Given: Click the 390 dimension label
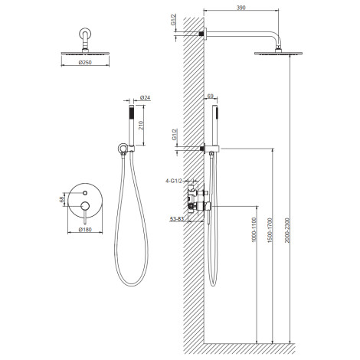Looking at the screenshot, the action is (x=241, y=8).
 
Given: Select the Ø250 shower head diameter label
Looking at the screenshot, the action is (x=85, y=62).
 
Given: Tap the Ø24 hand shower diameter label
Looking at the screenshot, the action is (x=146, y=97).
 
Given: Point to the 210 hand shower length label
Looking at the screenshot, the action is (x=141, y=125).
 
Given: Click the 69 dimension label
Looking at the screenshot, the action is (x=211, y=96).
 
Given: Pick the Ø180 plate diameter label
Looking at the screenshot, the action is (x=85, y=230).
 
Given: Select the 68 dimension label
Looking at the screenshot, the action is (x=62, y=199).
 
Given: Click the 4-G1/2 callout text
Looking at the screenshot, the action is (x=174, y=181).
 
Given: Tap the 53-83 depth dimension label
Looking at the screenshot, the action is (x=177, y=219).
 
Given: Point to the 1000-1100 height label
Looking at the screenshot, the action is (x=254, y=230).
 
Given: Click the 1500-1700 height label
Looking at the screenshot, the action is (x=270, y=230).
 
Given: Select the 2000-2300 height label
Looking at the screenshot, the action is (x=287, y=230).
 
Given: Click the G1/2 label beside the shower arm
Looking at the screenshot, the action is (x=174, y=20).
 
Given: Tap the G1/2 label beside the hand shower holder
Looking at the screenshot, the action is (x=175, y=134).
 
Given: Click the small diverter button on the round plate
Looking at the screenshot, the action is (x=85, y=193).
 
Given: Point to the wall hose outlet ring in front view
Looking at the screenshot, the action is (x=123, y=148).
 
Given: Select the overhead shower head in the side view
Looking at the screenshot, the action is (x=278, y=53).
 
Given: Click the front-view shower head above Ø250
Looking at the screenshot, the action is (x=85, y=53).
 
